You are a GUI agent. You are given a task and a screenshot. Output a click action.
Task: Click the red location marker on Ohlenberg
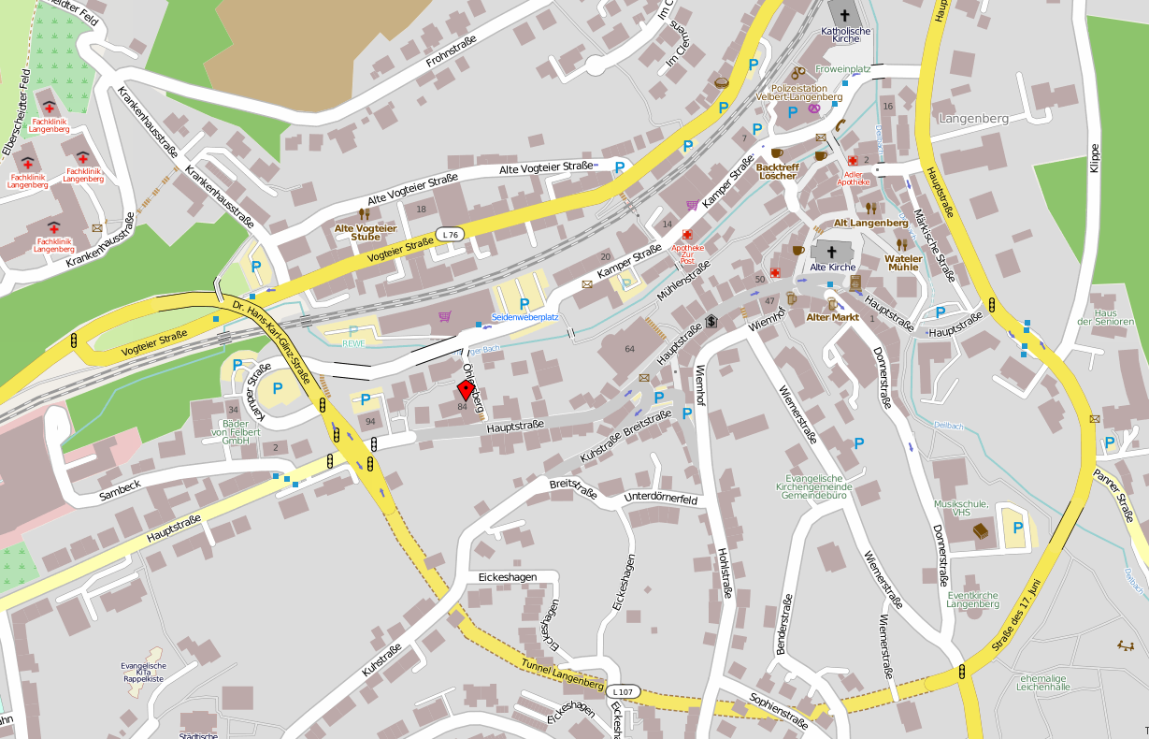tap(465, 391)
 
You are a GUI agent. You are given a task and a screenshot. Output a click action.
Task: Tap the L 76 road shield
tap(451, 234)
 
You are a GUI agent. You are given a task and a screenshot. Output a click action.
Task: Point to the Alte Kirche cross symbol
tap(831, 252)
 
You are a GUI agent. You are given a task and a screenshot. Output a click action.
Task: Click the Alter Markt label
tap(832, 318)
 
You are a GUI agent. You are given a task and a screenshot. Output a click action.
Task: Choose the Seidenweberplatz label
tap(524, 317)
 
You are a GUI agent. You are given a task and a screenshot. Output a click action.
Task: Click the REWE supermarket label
tap(352, 342)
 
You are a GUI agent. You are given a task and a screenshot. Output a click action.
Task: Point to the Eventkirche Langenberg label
tap(972, 600)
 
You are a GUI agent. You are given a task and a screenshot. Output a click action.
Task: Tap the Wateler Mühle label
tap(903, 262)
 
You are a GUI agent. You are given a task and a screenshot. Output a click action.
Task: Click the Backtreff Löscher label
tap(777, 171)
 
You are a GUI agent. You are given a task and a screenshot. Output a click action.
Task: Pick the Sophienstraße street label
tap(779, 710)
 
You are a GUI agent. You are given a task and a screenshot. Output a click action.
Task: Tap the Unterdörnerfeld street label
tap(661, 499)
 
